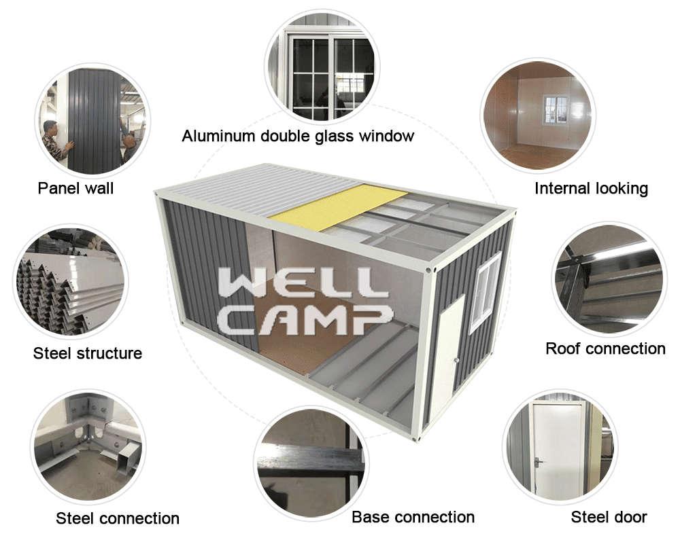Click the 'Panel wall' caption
pos(75,188)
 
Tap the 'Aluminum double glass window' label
pos(298,136)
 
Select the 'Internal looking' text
pos(591,188)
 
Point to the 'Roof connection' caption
pos(605,348)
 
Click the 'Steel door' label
pos(609,517)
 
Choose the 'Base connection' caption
pos(413,517)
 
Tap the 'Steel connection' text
pos(118,518)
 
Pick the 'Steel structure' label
pos(88,353)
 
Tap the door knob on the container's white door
pos(456,361)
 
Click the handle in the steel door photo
pos(538,462)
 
